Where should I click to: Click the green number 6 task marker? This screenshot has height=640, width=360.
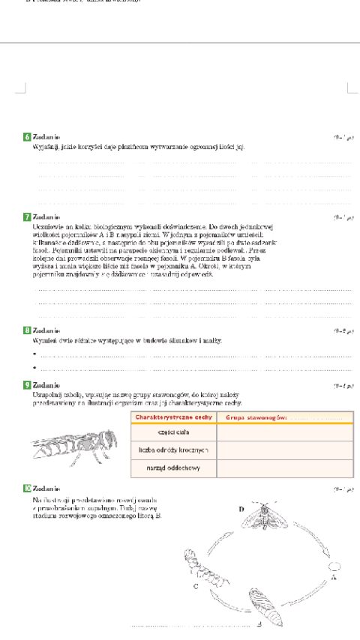(x=27, y=137)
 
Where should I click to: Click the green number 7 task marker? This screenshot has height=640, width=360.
(x=27, y=217)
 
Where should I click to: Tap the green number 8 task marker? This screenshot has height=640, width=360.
(x=27, y=330)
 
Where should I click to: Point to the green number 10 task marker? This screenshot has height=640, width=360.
(x=27, y=488)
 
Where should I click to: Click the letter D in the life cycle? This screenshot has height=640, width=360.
(x=242, y=509)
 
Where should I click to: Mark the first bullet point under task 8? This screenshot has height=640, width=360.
(x=34, y=355)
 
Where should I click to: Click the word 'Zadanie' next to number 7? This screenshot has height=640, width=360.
(x=46, y=217)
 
